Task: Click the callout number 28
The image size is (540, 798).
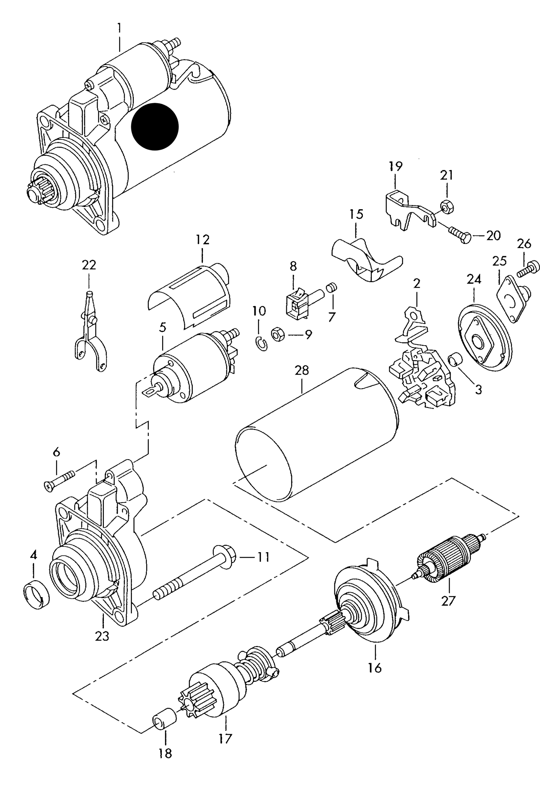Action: coord(302,370)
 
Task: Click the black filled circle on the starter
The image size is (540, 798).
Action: coord(155,126)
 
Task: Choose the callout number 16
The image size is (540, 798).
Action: coord(374,667)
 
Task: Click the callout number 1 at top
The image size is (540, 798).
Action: coord(119,28)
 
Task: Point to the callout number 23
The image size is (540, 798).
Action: coord(102,635)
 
